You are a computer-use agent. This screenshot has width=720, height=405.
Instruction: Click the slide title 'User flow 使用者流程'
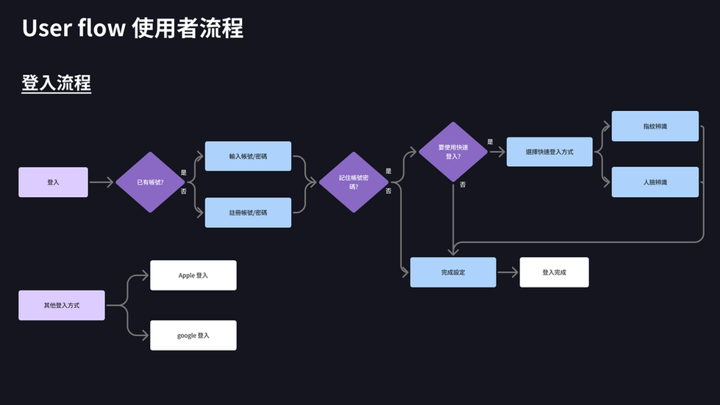132,29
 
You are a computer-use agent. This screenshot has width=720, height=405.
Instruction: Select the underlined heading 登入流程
56,83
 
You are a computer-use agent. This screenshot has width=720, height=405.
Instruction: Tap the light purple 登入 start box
53,182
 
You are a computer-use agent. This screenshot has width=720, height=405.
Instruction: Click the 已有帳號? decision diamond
150,182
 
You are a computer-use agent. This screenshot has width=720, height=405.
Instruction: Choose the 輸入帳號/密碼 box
248,156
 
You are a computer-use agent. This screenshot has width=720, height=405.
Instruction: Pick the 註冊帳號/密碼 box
248,212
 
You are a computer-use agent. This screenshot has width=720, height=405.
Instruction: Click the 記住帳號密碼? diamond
353,182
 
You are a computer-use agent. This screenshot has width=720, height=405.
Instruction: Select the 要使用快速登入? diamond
453,151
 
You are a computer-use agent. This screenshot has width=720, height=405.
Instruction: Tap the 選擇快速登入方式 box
549,151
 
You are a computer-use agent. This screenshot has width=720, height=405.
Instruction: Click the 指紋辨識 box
655,126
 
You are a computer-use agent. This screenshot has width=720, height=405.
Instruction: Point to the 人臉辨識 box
655,182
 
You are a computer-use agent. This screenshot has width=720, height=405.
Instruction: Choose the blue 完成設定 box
453,272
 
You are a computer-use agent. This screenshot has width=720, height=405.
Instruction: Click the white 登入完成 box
554,272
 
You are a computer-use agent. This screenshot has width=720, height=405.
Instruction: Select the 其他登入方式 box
62,304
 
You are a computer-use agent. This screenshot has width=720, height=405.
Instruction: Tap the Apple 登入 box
193,275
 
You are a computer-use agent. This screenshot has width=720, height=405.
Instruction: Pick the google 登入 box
193,335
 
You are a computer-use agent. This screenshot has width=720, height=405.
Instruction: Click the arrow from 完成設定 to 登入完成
507,272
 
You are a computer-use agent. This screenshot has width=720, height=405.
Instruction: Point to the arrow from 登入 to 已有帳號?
101,182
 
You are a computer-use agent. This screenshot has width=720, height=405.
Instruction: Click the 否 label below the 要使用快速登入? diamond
463,184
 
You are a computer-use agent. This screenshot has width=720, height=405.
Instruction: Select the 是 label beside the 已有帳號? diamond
183,173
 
